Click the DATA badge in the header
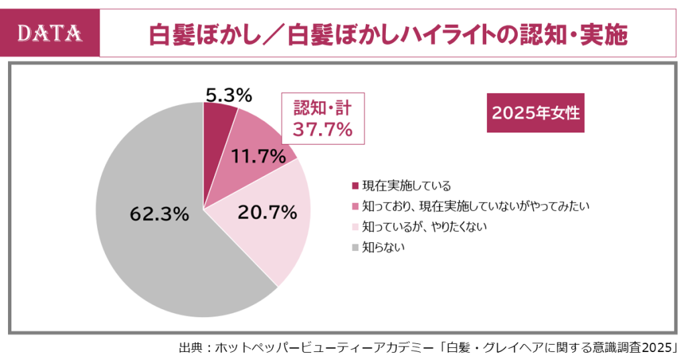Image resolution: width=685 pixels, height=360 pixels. coord(50,33)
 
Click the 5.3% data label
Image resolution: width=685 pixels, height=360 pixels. coord(228,95)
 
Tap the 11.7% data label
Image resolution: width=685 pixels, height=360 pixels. coord(263,157)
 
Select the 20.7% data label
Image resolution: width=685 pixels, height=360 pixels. coord(267,213)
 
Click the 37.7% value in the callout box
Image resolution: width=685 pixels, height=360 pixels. coord(323,129)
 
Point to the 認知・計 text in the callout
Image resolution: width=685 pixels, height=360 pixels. coord(323,108)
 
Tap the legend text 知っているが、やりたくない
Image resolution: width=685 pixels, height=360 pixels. coord(424,227)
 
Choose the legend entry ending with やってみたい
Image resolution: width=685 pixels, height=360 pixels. coord(475,206)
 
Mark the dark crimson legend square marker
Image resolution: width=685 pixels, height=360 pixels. coord(355,186)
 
